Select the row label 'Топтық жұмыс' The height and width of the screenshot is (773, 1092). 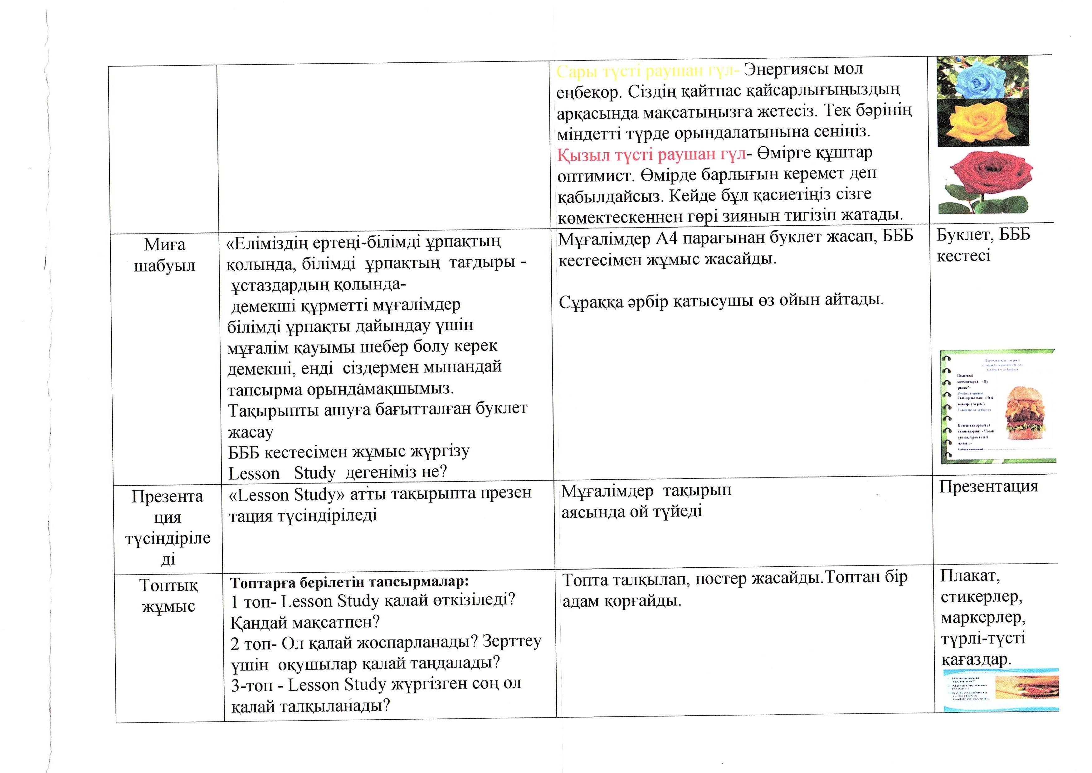(x=168, y=595)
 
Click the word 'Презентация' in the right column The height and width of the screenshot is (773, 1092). (x=989, y=487)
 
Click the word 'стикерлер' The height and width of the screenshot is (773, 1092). (x=982, y=596)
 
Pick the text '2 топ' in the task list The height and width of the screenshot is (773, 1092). (x=251, y=643)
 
